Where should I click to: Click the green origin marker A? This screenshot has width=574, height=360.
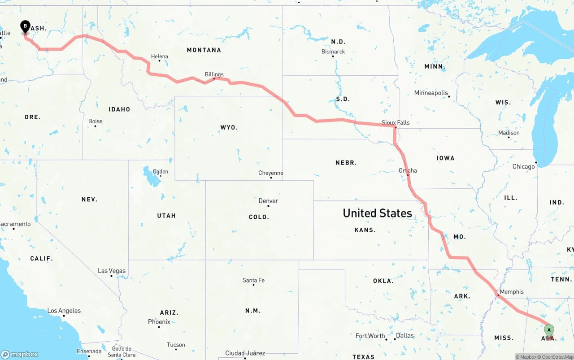click(x=548, y=330)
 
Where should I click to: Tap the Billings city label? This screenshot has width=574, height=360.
click(x=214, y=74)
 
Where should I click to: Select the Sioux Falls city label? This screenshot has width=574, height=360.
click(x=396, y=122)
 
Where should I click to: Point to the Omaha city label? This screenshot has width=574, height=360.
click(x=408, y=170)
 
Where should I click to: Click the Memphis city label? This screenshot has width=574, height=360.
click(x=511, y=291)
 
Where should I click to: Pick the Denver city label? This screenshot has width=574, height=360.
click(x=268, y=201)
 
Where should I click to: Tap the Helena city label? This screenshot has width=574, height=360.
click(x=159, y=56)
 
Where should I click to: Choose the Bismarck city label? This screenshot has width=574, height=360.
click(x=333, y=52)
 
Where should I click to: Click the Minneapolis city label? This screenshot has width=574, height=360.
click(x=430, y=93)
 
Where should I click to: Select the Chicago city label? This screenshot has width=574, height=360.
click(x=523, y=166)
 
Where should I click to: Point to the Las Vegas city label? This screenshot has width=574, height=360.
click(x=112, y=271)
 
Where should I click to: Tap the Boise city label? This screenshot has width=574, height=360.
click(x=95, y=121)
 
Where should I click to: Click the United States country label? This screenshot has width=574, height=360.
click(x=377, y=213)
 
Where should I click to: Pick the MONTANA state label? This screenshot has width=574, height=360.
click(x=204, y=50)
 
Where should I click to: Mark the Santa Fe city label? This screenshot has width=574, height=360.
click(x=253, y=280)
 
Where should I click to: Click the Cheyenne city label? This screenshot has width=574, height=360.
click(x=270, y=173)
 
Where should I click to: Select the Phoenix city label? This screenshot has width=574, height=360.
click(x=159, y=322)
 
